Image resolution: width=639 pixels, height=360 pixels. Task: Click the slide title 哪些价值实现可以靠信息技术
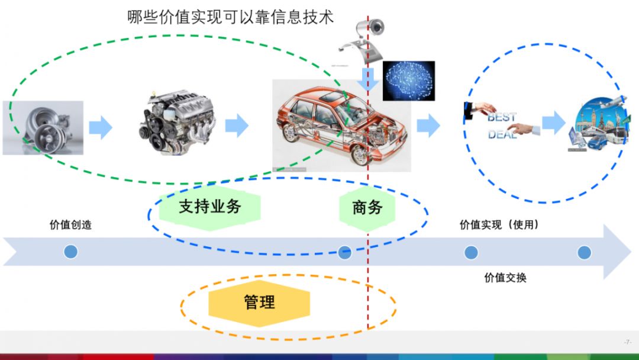(231, 17)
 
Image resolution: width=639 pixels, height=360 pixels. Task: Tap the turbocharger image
(43, 127)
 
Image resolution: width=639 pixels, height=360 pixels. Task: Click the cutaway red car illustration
(341, 126)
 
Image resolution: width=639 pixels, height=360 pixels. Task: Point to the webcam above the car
(366, 35)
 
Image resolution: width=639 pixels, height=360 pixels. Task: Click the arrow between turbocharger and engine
(101, 127)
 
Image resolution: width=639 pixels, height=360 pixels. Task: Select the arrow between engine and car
(237, 126)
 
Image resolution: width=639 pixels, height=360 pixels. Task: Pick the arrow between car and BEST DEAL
(428, 126)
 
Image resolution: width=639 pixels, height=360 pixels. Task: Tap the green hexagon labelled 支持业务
(210, 207)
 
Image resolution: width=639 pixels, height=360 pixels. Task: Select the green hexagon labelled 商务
(367, 207)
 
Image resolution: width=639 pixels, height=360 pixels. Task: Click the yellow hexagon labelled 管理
(259, 303)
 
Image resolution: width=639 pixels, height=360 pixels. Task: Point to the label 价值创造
(70, 225)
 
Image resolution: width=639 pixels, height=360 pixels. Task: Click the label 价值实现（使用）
(499, 225)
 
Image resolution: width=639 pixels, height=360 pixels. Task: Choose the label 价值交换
(505, 277)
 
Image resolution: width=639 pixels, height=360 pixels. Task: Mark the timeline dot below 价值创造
(70, 252)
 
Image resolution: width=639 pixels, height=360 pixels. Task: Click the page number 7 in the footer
(628, 342)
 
